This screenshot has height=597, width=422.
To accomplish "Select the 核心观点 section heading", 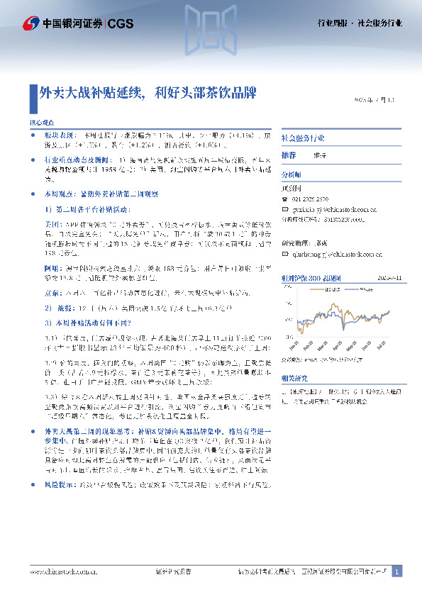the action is (x=42, y=122).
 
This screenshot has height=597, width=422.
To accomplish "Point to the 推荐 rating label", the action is (x=289, y=155).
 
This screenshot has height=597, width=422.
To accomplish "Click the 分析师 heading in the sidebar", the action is (x=291, y=174).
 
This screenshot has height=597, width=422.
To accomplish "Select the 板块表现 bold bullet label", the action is (x=58, y=134).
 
